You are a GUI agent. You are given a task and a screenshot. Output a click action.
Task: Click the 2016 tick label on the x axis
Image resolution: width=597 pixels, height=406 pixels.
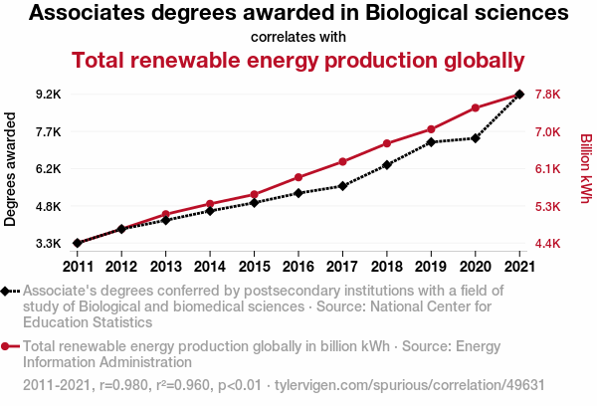click(x=298, y=266)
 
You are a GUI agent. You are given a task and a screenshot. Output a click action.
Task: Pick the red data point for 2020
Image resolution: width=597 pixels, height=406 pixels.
click(x=476, y=107)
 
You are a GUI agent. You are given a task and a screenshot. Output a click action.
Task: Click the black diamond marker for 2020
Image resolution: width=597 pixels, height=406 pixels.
click(x=476, y=138)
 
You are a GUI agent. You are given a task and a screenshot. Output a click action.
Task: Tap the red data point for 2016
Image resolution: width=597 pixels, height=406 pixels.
click(x=298, y=177)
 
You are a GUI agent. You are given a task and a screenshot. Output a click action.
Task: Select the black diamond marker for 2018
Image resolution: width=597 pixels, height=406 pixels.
click(x=387, y=164)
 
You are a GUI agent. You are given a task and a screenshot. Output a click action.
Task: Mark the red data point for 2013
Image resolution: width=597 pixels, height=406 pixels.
click(x=166, y=214)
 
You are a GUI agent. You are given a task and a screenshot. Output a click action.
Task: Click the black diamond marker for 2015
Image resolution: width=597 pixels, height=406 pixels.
click(x=255, y=203)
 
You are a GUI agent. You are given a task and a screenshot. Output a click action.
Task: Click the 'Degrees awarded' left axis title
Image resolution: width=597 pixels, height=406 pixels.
click(x=11, y=169)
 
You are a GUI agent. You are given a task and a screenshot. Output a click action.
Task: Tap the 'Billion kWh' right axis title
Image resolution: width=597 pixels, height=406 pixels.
click(x=586, y=169)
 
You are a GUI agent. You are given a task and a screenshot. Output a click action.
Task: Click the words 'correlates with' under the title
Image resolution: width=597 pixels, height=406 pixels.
click(x=298, y=37)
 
